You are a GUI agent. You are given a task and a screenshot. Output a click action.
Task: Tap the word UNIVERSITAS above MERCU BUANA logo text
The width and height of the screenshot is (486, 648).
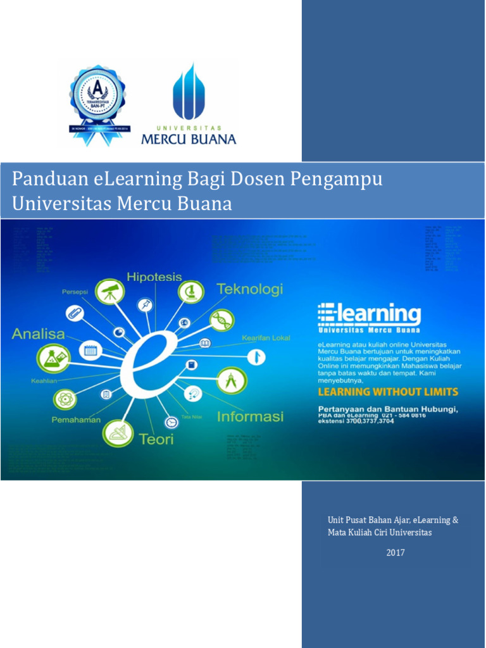189,127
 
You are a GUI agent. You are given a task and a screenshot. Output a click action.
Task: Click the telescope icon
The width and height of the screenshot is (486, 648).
109,292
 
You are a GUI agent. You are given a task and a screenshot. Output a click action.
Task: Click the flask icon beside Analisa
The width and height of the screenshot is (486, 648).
53,358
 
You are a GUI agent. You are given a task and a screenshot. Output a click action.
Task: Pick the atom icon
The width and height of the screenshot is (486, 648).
65,399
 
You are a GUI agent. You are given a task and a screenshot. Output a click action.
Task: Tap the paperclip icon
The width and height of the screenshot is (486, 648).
75,313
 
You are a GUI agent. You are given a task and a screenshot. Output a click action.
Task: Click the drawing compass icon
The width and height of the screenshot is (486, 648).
232,380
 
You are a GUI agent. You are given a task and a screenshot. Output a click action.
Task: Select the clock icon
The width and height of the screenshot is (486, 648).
171,422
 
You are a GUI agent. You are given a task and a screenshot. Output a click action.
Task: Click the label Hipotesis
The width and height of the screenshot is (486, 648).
154,277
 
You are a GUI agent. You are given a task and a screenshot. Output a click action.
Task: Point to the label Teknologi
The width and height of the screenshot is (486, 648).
250,289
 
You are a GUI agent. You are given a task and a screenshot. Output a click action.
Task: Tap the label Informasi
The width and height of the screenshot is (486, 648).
251,417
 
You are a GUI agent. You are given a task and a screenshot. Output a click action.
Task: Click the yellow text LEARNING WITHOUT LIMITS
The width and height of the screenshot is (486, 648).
388,392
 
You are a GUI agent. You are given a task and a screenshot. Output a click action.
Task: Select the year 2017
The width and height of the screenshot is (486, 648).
396,553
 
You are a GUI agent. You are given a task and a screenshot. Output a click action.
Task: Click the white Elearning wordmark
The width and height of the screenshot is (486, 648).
370,315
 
